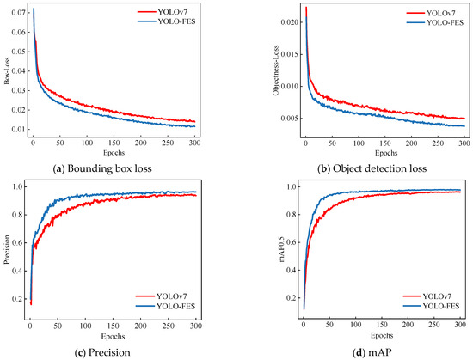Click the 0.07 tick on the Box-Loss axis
tap(19, 13)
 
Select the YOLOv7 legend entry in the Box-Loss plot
tap(167, 12)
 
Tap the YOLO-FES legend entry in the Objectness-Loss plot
tap(435, 22)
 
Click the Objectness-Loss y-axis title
tap(276, 70)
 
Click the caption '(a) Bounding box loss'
tap(102, 168)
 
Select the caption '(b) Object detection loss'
tap(372, 168)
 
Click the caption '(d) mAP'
tap(372, 352)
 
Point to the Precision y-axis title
tap(7, 250)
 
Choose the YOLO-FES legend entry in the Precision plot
tap(166, 307)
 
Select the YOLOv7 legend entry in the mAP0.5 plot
tap(432, 296)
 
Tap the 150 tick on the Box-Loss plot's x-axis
tap(114, 143)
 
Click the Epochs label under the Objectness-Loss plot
tap(386, 153)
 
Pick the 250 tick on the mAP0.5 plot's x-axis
tap(434, 325)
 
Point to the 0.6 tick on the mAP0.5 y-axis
tap(292, 242)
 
